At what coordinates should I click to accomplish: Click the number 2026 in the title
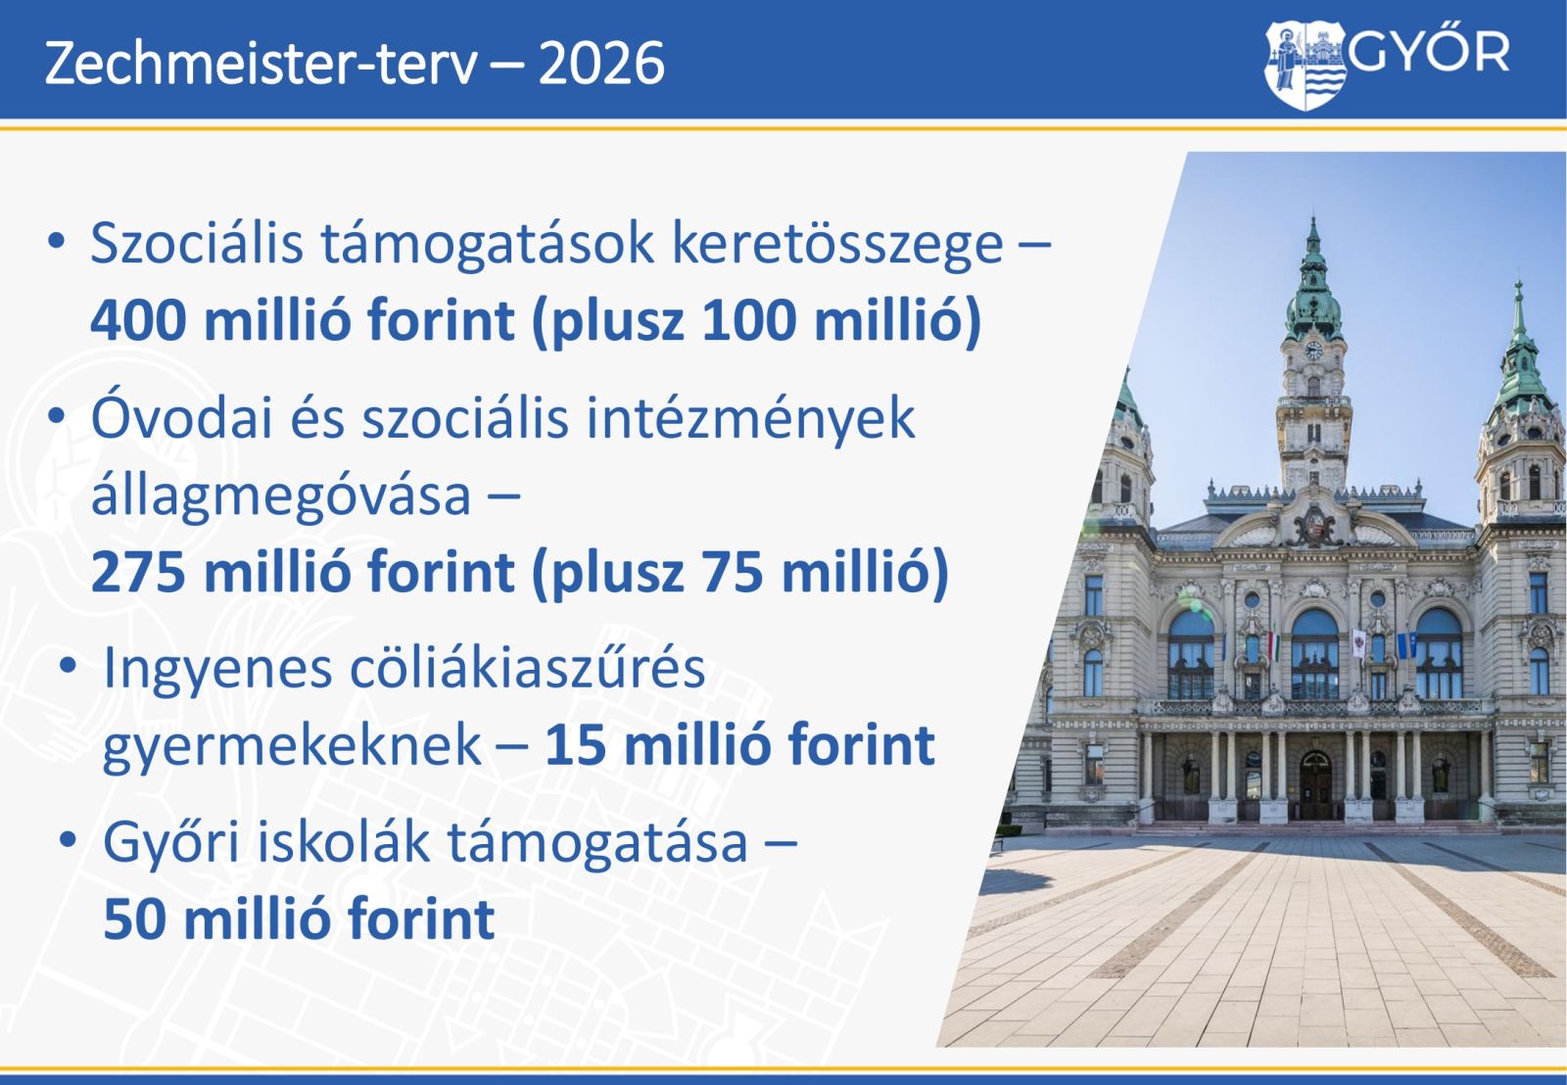(601, 64)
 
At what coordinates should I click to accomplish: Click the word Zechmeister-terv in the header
(261, 63)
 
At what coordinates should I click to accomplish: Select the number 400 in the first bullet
(138, 320)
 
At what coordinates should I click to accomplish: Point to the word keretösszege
(837, 246)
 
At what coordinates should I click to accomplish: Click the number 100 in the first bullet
(749, 320)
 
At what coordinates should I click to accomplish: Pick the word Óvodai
(182, 417)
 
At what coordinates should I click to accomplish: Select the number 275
(138, 572)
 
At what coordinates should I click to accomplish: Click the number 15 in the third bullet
(575, 746)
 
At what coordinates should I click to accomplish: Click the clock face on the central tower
(1313, 351)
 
